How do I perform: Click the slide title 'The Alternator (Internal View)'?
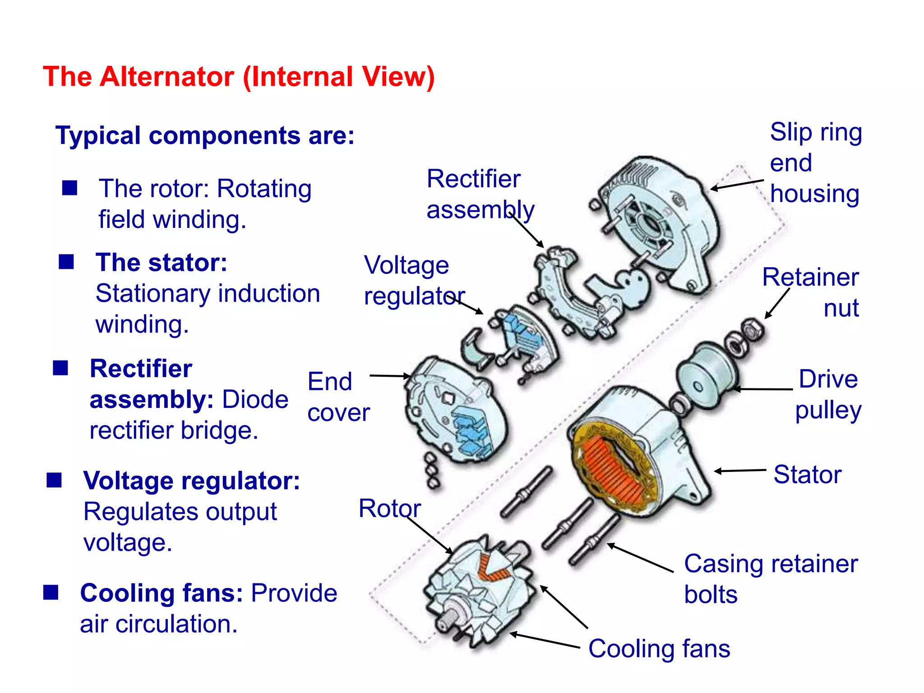click(x=239, y=76)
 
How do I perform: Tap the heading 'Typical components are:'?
click(x=205, y=135)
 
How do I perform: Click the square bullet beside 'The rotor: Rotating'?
click(x=69, y=188)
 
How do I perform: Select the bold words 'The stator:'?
click(x=162, y=263)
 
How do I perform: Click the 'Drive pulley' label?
click(x=828, y=394)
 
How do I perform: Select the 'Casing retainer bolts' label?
click(x=771, y=578)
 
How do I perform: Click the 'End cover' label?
click(x=338, y=397)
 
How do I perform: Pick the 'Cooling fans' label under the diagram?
click(x=659, y=649)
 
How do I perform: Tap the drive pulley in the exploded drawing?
click(x=707, y=377)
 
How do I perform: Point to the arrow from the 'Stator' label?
click(x=740, y=471)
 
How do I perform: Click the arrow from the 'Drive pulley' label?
click(x=762, y=388)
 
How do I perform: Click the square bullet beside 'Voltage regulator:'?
click(x=54, y=480)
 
